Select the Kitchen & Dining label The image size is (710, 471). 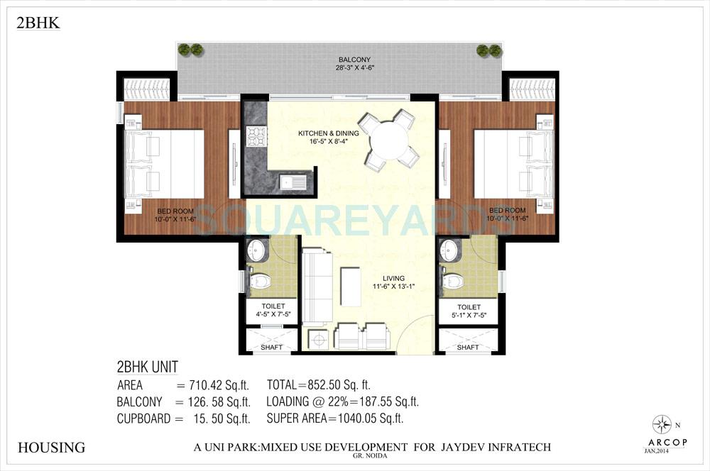click(x=327, y=133)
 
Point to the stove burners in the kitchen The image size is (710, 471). click(x=253, y=135)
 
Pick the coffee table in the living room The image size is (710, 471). click(x=349, y=285)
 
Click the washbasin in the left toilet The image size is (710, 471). click(x=256, y=251)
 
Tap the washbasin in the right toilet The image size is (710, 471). click(x=449, y=249)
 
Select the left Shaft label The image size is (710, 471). click(x=271, y=348)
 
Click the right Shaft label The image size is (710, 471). click(x=467, y=348)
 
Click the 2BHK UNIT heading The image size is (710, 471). click(x=147, y=367)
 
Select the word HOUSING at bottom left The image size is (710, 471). click(x=50, y=448)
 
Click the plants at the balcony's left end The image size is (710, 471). click(x=190, y=50)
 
